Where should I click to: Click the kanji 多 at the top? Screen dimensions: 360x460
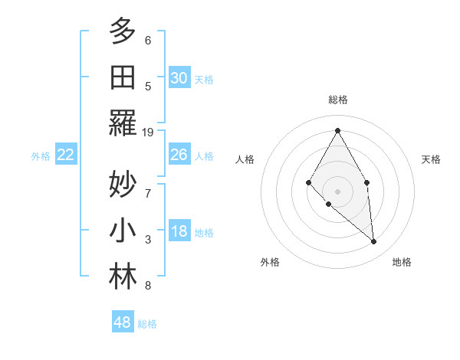[x=123, y=32]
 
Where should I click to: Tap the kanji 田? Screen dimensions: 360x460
[x=123, y=77]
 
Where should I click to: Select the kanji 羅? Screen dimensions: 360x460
[x=123, y=123]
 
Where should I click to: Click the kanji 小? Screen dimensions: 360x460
[x=123, y=231]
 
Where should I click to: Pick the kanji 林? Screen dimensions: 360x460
[x=123, y=277]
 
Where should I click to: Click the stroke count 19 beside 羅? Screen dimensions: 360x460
[x=149, y=133]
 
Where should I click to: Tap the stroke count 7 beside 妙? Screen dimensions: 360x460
[x=148, y=184]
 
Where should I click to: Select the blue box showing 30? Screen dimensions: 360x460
[x=179, y=78]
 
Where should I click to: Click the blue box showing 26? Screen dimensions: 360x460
[x=179, y=155]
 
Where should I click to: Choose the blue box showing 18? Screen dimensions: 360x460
[x=179, y=232]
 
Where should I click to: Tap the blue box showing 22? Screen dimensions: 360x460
[x=66, y=155]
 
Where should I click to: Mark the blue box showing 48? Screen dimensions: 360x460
[x=123, y=322]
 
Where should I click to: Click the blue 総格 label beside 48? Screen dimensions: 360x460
[x=147, y=324]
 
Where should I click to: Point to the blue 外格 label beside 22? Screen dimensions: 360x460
[x=41, y=156]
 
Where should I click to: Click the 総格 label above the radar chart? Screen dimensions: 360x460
[x=338, y=100]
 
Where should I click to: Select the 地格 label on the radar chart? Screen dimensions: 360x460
[x=402, y=262]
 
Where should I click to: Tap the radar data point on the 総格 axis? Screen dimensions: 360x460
[x=337, y=129]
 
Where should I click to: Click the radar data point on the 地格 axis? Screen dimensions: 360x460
[x=373, y=241]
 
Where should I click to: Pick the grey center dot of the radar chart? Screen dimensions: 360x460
[x=337, y=190]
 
